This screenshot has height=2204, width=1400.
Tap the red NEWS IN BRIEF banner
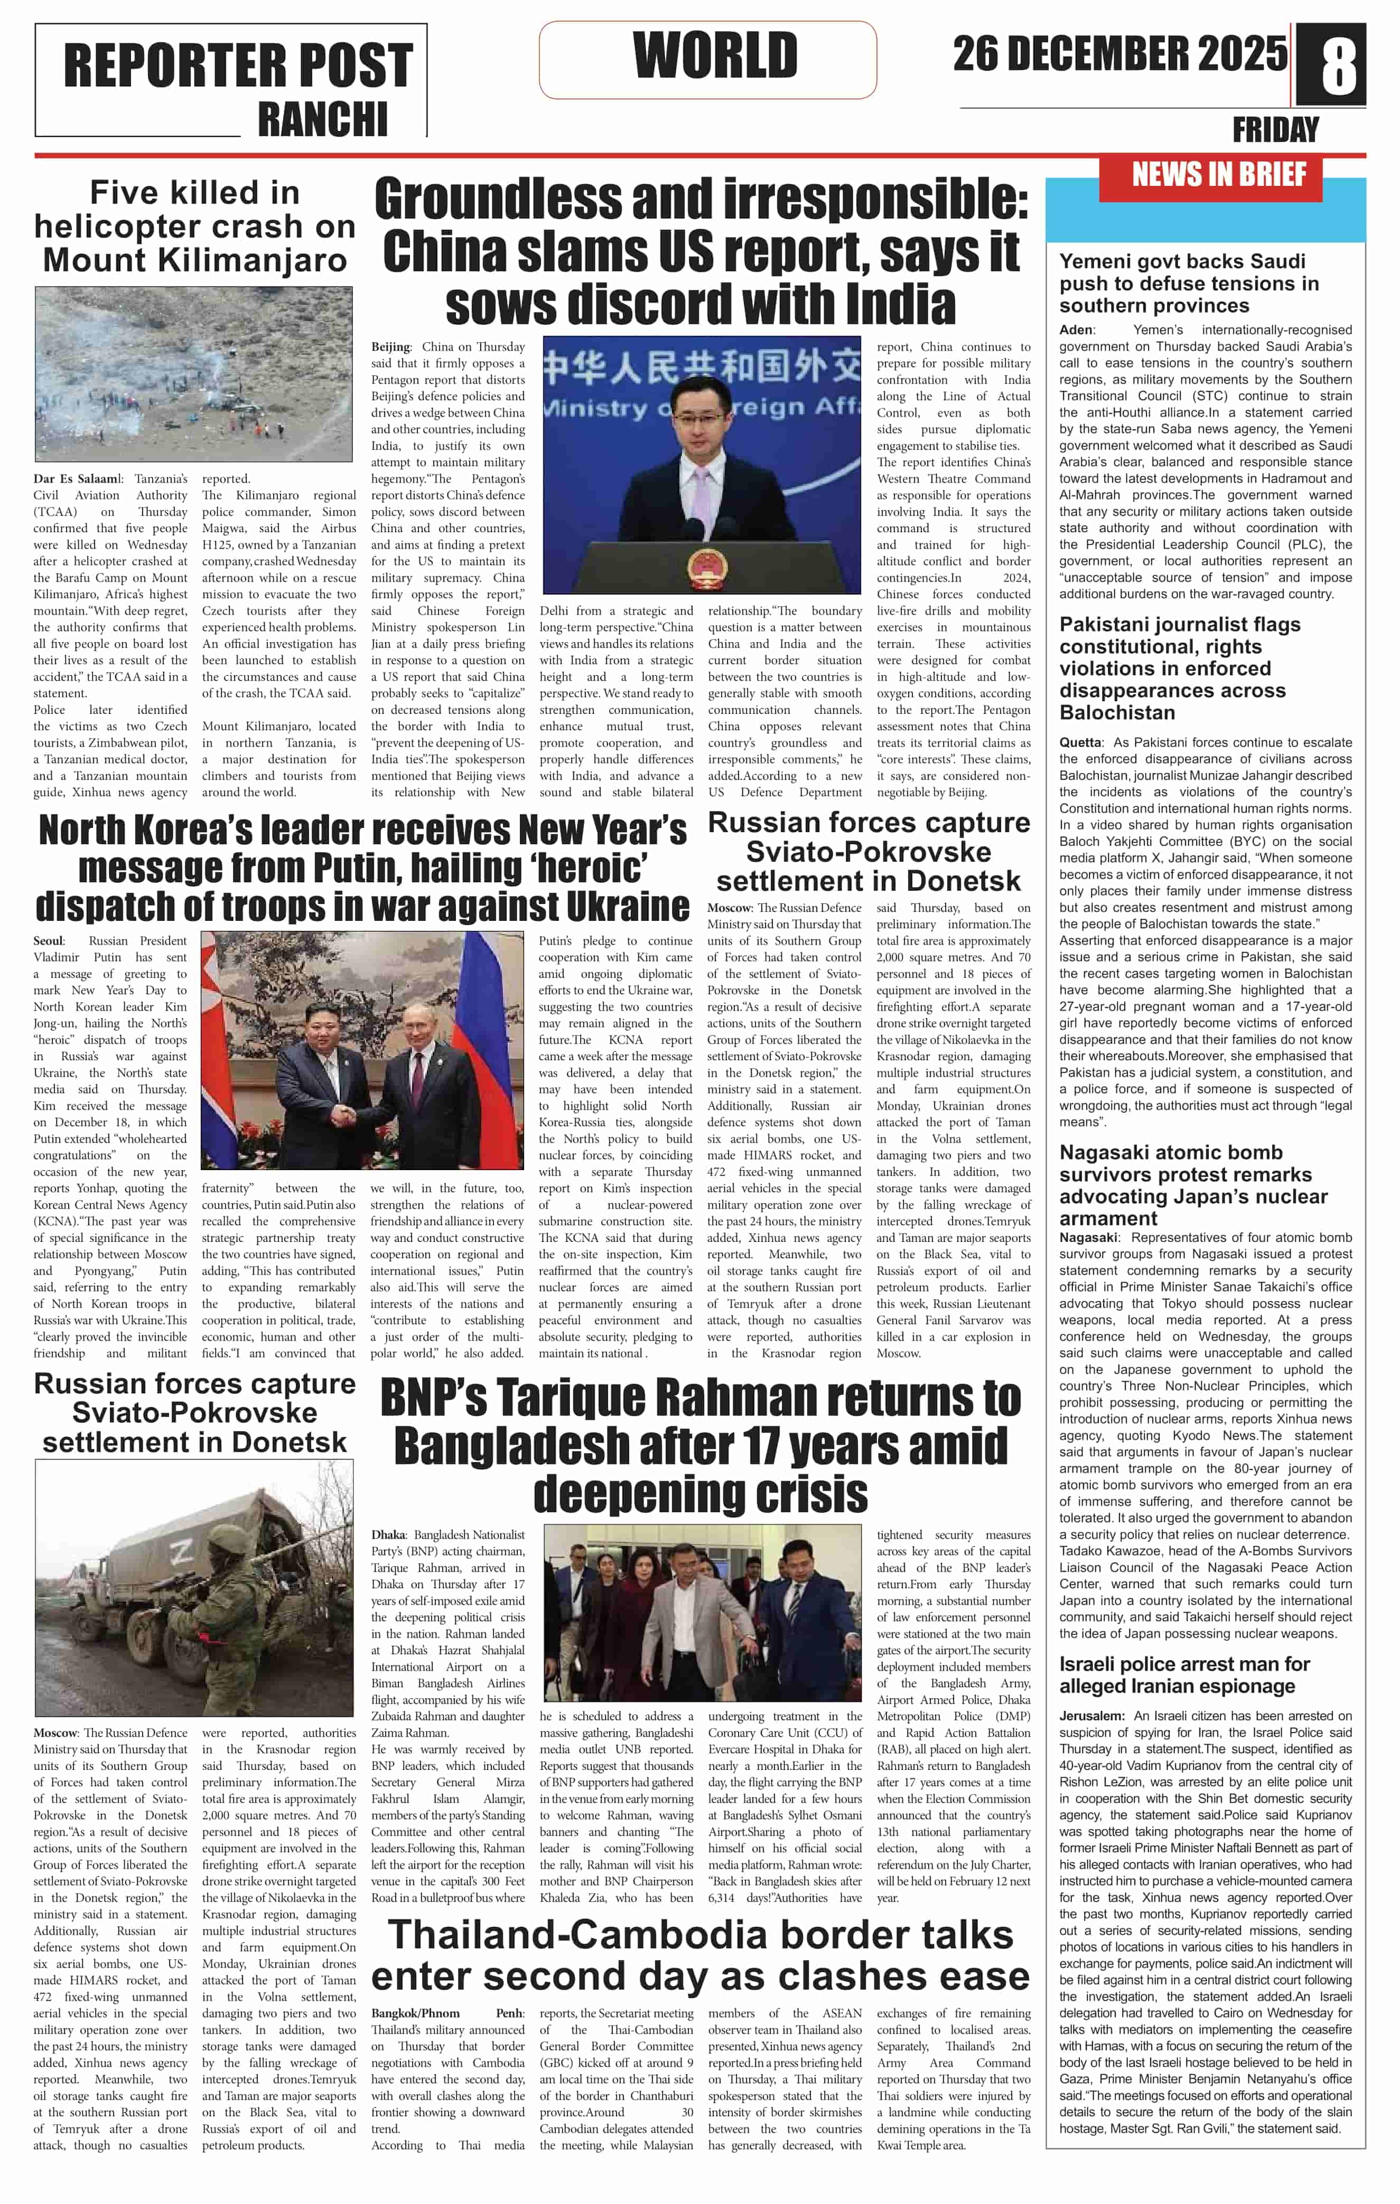click(x=1219, y=174)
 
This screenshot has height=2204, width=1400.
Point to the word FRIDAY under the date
click(x=1275, y=130)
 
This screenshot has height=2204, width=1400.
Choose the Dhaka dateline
click(x=388, y=1534)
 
